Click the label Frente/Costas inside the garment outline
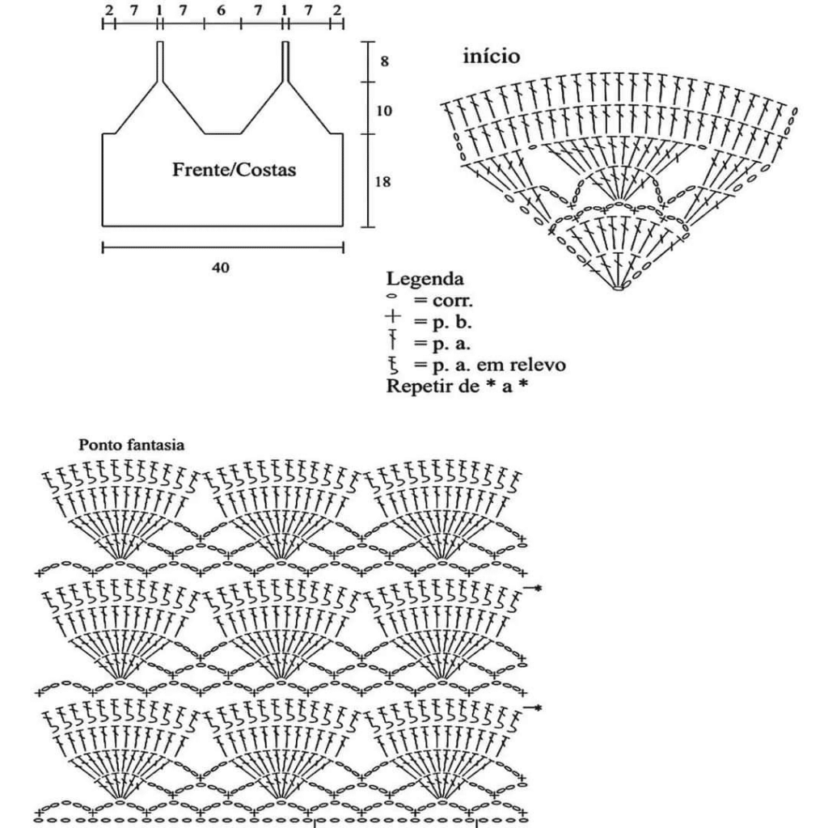point(234,170)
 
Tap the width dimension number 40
point(221,268)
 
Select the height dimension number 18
point(382,182)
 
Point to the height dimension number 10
point(384,111)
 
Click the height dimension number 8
point(384,61)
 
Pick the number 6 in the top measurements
point(222,10)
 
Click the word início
point(491,56)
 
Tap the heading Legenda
point(425,279)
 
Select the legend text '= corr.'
point(443,301)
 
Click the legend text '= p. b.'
point(442,322)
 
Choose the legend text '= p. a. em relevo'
point(489,365)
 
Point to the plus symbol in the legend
point(393,317)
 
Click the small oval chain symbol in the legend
point(392,297)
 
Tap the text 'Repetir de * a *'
point(458,386)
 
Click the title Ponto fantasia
point(132,446)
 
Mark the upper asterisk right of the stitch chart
point(538,587)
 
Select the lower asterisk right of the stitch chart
point(538,708)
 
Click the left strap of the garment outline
point(160,61)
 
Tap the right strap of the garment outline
point(285,61)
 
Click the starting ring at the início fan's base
point(618,288)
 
